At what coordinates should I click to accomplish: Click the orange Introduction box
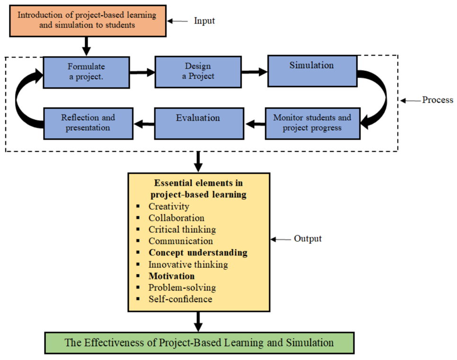(88, 21)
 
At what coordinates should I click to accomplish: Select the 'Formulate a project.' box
(86, 72)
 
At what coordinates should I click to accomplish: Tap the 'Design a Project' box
(198, 72)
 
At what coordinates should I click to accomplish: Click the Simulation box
(312, 71)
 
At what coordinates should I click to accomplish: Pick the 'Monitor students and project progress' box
(313, 123)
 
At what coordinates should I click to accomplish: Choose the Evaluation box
(199, 123)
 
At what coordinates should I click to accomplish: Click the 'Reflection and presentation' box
(88, 123)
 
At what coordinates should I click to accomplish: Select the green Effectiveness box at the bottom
(199, 343)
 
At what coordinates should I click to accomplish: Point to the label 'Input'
(204, 21)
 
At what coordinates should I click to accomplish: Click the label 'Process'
(438, 100)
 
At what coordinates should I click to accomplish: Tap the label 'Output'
(308, 238)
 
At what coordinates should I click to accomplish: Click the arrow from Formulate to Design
(142, 72)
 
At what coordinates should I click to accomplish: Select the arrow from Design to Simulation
(255, 72)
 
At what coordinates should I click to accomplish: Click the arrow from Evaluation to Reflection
(144, 124)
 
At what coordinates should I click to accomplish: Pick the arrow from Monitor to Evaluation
(255, 124)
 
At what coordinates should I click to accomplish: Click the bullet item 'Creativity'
(169, 206)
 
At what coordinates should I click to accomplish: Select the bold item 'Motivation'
(171, 276)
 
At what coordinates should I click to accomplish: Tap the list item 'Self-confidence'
(180, 299)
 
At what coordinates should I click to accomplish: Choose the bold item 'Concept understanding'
(198, 253)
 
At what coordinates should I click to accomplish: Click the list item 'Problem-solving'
(182, 288)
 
